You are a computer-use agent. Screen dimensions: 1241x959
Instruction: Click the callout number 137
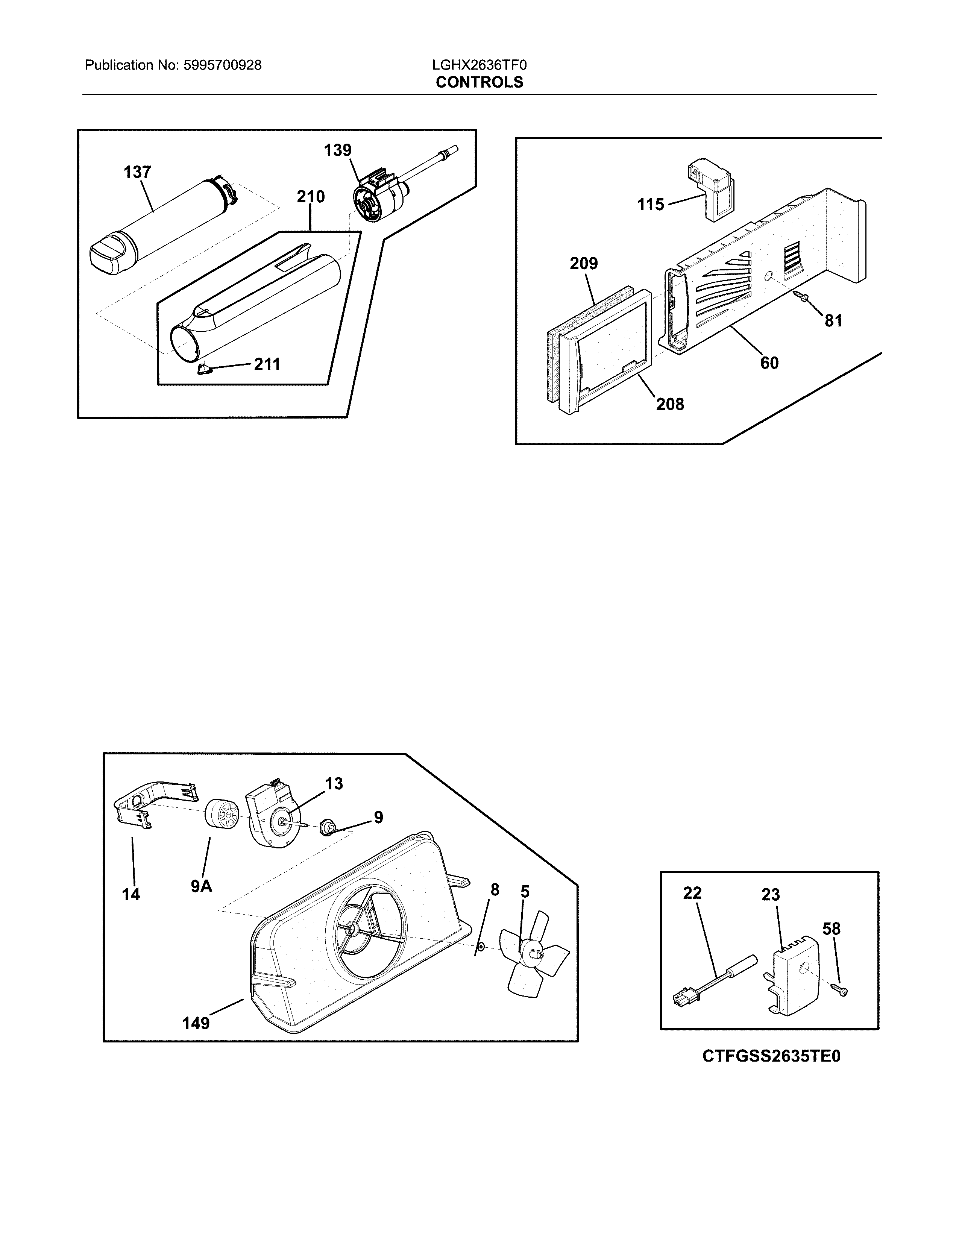tap(138, 172)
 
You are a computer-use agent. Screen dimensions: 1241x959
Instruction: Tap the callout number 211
tap(267, 364)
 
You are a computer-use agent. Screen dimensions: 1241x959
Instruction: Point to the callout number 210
tap(311, 197)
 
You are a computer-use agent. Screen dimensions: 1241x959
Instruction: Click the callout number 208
tap(671, 405)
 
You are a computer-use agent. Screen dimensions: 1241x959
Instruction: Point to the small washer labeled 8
tap(481, 947)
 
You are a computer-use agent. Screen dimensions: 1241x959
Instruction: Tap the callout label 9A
tap(201, 886)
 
